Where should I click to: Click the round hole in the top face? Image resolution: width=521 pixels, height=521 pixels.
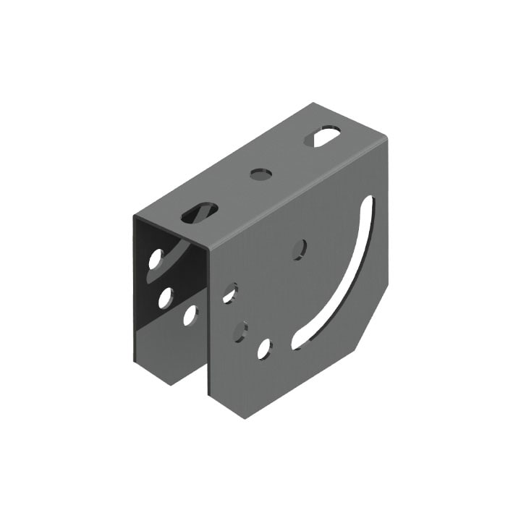[x=260, y=174]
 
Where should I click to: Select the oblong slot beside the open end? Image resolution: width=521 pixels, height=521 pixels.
[x=199, y=212]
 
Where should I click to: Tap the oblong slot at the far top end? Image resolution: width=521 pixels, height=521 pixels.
[x=322, y=136]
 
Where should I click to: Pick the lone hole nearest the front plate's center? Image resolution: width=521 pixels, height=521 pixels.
[x=299, y=249]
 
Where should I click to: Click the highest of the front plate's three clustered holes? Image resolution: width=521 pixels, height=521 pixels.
[x=230, y=292]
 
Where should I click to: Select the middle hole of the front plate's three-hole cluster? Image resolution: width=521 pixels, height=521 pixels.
[x=240, y=332]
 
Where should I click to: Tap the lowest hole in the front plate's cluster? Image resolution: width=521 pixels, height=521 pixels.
[x=264, y=349]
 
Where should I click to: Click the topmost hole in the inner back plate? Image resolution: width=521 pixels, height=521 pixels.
[x=156, y=258]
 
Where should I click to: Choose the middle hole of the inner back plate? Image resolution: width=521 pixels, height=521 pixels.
[x=166, y=297]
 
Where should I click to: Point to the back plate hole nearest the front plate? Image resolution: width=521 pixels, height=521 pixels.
[x=190, y=315]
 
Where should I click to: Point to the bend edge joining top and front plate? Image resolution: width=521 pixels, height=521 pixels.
[x=297, y=194]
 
